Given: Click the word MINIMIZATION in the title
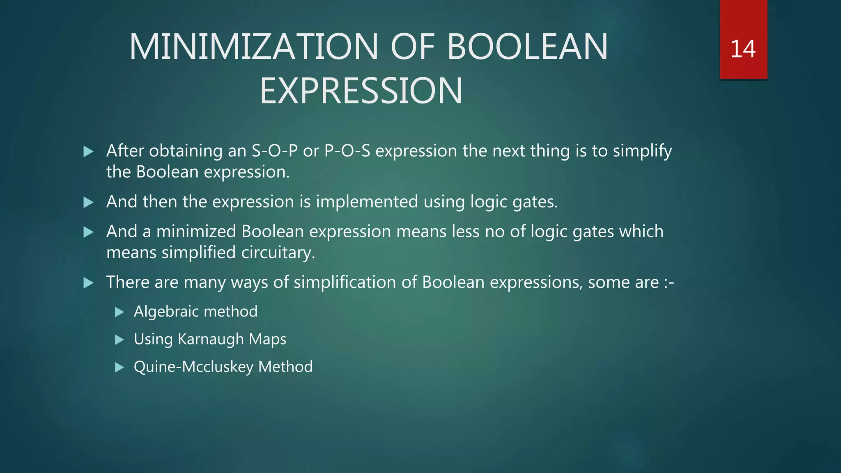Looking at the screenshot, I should coord(253,47).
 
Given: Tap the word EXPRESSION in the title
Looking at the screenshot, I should coord(361,91).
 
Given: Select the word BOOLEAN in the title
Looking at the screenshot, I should coord(527,47).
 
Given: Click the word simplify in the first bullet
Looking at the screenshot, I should coord(642,151).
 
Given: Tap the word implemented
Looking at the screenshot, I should coord(367,202).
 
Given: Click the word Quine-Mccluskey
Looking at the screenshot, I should coord(193,367).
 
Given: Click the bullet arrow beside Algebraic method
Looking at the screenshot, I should coord(119,312).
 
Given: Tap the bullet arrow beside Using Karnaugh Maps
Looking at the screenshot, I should coord(119,340).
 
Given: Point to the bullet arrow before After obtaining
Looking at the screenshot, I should coord(88,152).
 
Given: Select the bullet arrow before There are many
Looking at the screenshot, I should coord(88,283).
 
